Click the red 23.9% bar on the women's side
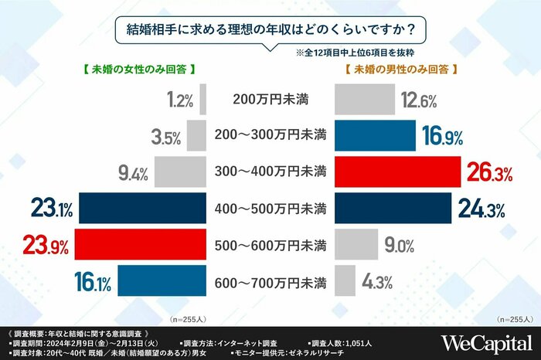point(141,247)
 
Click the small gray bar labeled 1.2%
point(203,100)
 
